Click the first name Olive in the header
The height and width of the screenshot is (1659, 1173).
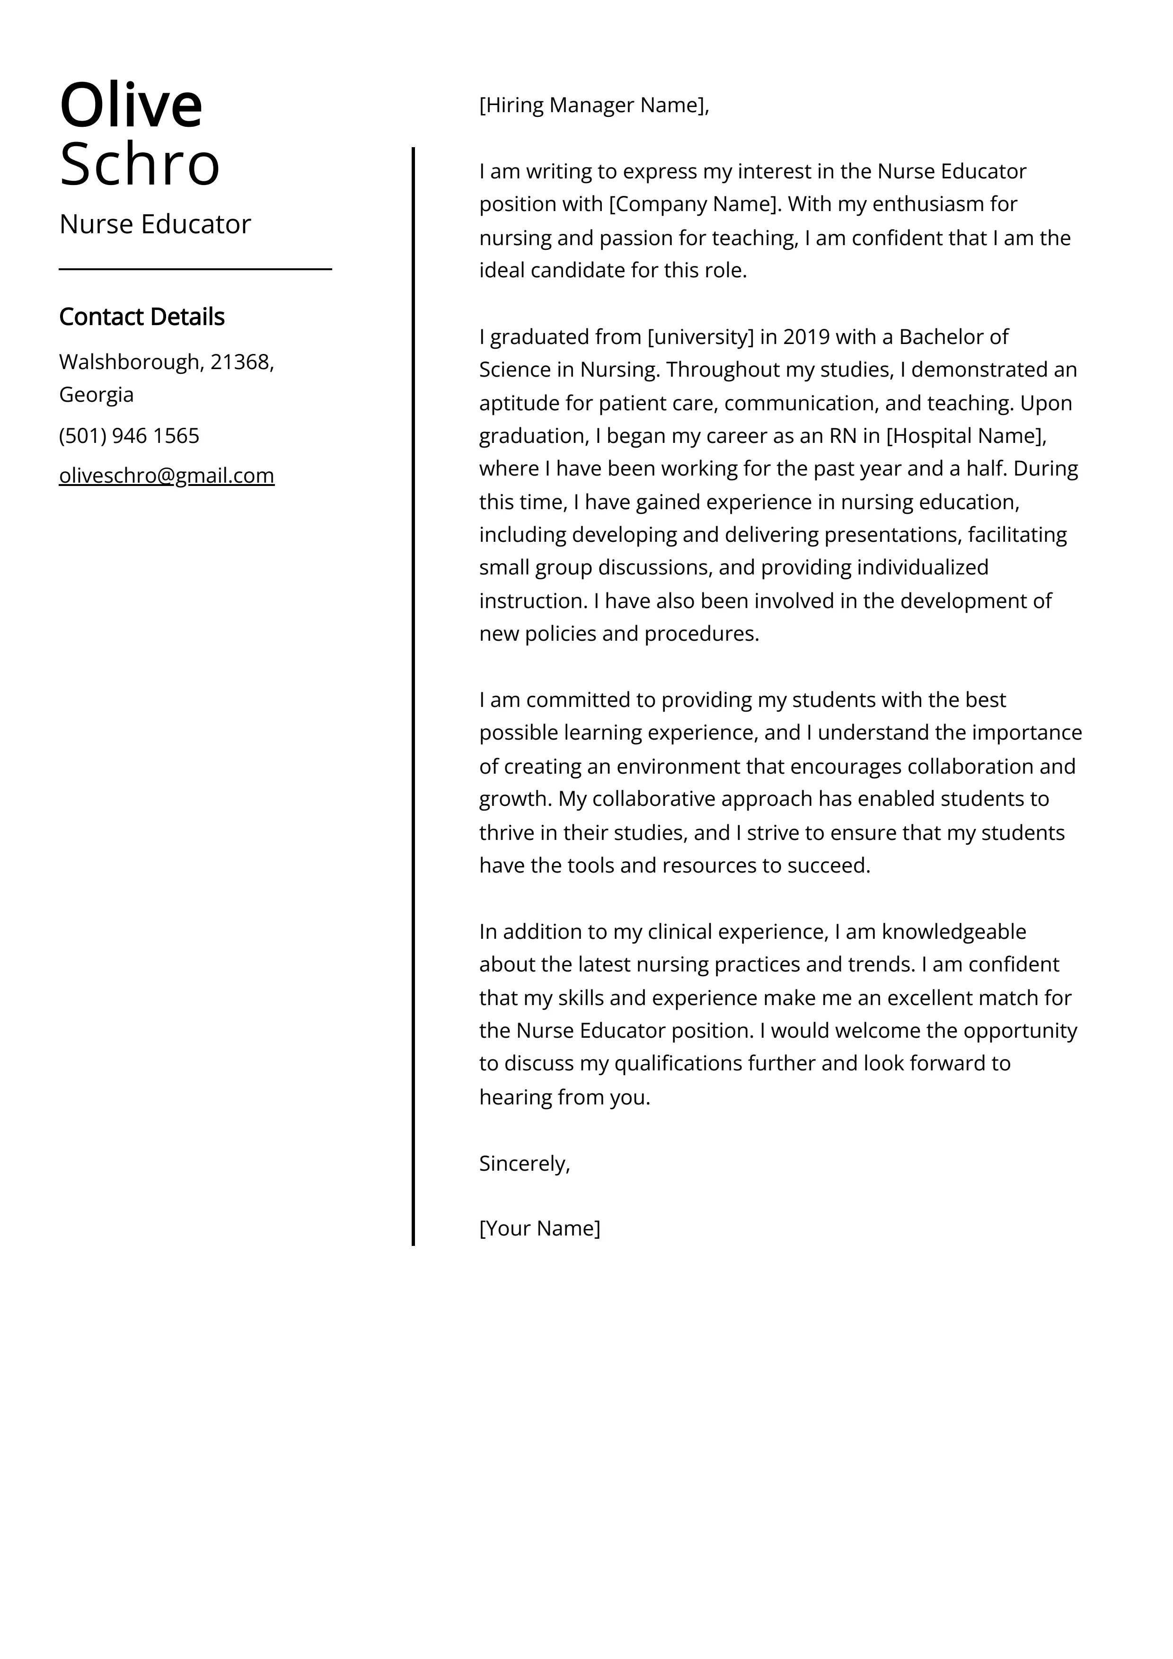131,106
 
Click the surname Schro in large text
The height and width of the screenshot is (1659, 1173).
140,164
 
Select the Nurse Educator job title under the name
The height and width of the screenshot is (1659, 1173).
155,224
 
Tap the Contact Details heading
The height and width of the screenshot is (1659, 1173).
141,317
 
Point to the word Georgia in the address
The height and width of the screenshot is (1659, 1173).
96,395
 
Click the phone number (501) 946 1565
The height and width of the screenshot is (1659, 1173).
129,436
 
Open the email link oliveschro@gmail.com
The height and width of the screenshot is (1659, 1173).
166,476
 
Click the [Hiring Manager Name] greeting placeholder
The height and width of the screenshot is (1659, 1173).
592,106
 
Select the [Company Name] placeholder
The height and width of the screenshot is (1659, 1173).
695,204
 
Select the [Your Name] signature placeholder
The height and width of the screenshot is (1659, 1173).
539,1228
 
